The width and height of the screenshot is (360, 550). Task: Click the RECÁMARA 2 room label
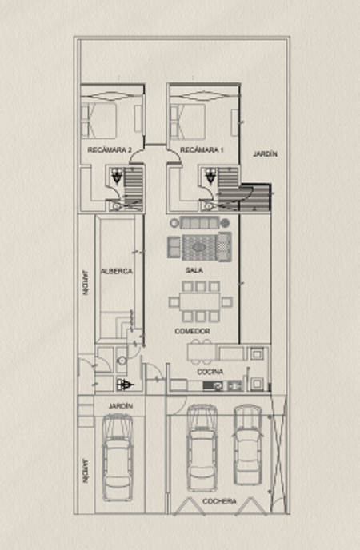pos(110,150)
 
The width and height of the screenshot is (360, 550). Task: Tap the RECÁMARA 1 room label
pos(202,150)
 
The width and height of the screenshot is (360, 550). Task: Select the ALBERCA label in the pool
pos(117,271)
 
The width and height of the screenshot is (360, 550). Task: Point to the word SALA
pos(194,270)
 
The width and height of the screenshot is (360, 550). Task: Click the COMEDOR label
pos(192,331)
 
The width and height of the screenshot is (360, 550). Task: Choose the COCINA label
pos(210,372)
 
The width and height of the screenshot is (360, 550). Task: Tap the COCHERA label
pos(219,501)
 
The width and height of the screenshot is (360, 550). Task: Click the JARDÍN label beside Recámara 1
pos(266,153)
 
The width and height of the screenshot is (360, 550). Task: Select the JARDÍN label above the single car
pos(121,406)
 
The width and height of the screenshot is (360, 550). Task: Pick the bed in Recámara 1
pos(188,122)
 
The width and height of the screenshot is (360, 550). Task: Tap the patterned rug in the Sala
pos(199,248)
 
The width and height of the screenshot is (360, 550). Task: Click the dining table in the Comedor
pos(200,302)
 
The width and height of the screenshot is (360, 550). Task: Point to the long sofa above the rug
pos(200,223)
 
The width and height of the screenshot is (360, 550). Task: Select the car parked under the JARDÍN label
pos(118,457)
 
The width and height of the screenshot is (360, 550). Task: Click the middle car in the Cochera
pos(202,448)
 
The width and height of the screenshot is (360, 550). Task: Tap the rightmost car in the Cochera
pos(248,444)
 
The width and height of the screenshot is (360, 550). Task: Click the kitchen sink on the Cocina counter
pos(213,386)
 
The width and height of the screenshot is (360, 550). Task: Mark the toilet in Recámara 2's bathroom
pos(115,206)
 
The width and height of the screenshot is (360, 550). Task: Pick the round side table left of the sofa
pos(174,223)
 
